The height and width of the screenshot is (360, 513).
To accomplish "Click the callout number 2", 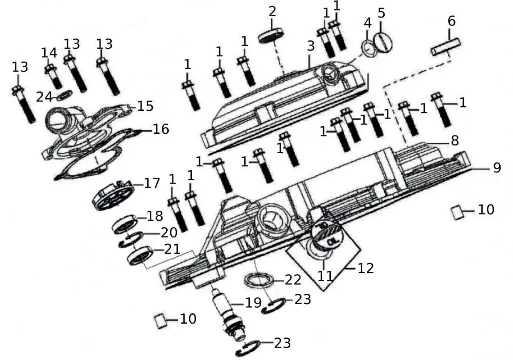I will click(272, 11).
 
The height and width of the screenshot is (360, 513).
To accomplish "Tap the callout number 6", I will click(451, 21).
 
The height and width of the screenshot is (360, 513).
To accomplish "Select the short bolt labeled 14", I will click(53, 75).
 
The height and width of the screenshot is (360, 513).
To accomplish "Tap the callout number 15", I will click(145, 106).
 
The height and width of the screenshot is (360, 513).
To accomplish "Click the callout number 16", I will click(161, 129).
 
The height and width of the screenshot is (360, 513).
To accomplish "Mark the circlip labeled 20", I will click(131, 238).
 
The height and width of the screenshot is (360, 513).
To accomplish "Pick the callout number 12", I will click(366, 268).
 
